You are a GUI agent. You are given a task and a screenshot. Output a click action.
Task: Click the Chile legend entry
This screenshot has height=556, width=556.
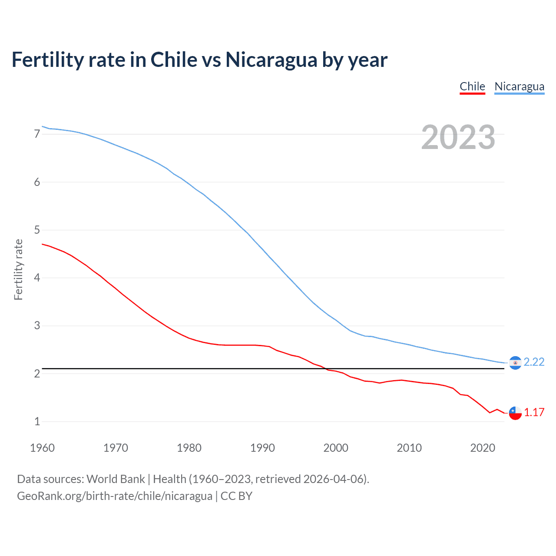(472, 86)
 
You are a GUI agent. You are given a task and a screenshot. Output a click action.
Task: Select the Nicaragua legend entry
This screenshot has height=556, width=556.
(519, 86)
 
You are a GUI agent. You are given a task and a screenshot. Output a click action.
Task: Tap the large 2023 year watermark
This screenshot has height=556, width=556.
(458, 137)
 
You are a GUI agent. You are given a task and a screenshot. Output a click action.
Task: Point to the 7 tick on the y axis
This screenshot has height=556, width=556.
(37, 134)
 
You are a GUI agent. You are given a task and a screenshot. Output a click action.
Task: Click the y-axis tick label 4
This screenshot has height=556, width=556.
(37, 278)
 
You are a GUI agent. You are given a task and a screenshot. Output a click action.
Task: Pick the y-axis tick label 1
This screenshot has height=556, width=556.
(37, 421)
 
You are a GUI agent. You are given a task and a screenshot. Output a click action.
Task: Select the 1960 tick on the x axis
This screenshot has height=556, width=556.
(42, 448)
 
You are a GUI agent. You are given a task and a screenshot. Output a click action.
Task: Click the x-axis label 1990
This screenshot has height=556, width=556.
(262, 448)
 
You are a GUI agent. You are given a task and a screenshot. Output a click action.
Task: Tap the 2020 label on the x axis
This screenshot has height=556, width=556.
(483, 448)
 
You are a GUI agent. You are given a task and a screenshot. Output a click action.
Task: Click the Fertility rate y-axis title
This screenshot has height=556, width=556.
(18, 269)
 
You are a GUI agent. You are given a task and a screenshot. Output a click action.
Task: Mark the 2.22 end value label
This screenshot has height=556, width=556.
(534, 362)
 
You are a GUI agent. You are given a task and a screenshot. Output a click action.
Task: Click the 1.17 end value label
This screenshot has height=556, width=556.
(534, 412)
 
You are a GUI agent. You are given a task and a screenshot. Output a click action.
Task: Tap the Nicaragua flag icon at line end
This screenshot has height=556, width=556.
(515, 362)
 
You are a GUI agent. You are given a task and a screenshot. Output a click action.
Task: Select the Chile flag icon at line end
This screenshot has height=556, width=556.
(515, 413)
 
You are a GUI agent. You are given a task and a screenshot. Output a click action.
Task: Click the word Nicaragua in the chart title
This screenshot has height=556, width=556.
(271, 60)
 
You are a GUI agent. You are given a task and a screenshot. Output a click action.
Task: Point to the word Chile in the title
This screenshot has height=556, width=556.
(174, 60)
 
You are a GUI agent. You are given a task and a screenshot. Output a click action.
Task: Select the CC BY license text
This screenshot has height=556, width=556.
(236, 496)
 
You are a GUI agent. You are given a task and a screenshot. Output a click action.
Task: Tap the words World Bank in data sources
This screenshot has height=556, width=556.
(116, 479)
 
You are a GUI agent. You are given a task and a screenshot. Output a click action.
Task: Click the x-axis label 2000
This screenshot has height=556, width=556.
(336, 448)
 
